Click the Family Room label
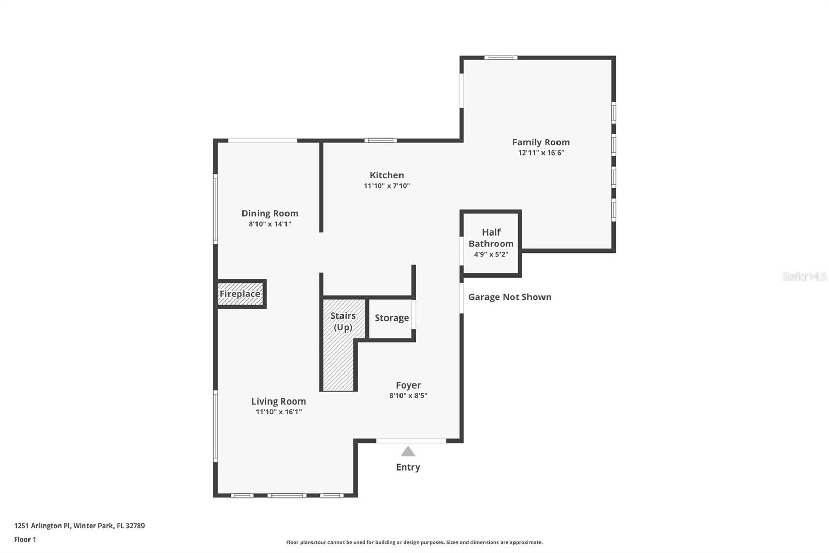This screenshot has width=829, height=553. pos(541,142)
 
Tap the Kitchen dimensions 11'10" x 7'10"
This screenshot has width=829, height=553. pos(387,186)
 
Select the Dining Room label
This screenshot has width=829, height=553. pos(269,213)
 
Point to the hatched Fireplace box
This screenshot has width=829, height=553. pos(240,294)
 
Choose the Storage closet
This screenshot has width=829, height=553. pos(391,318)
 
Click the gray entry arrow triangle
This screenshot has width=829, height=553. pos(408,451)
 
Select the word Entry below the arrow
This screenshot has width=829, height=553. pos(408,467)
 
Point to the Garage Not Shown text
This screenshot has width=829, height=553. pos(509,297)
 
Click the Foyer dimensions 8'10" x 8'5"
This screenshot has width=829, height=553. pos(408,396)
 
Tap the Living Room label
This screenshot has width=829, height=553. pos(278,401)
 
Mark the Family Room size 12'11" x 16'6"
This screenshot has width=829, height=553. pos(541,153)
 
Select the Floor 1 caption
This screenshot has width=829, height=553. pos(25,540)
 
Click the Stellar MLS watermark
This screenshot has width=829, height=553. pos(804,276)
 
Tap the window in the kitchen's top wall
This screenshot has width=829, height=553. pos(380,140)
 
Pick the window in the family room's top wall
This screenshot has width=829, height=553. pos(501,57)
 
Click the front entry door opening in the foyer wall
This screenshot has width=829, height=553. pos(410,441)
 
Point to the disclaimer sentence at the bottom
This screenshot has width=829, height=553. pos(414,542)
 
